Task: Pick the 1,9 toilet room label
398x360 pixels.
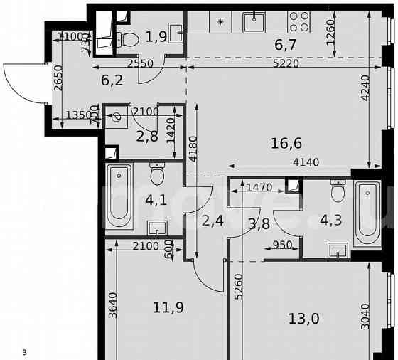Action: coord(156,37)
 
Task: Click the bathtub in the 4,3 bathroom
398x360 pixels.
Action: coord(367,210)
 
